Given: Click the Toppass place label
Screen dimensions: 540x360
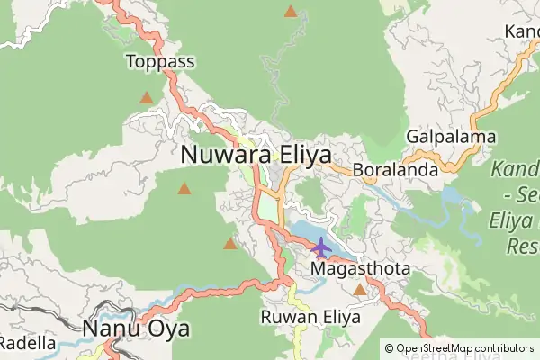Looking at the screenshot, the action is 161,62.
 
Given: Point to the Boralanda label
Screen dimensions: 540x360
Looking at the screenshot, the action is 395,169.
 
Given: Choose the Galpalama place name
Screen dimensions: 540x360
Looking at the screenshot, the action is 452,137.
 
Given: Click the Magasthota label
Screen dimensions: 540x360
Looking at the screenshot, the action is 360,269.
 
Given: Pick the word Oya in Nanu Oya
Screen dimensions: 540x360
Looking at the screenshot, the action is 167,328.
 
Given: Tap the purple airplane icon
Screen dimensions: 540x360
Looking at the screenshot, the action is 321,246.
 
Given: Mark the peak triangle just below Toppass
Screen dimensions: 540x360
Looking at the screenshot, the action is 146,97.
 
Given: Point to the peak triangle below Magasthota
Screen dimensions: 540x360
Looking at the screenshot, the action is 360,290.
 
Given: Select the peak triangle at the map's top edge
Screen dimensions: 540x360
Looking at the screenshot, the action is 290,12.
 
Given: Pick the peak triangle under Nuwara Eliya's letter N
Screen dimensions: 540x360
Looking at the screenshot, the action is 184,189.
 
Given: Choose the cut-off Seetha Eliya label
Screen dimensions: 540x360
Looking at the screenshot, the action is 459,355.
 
